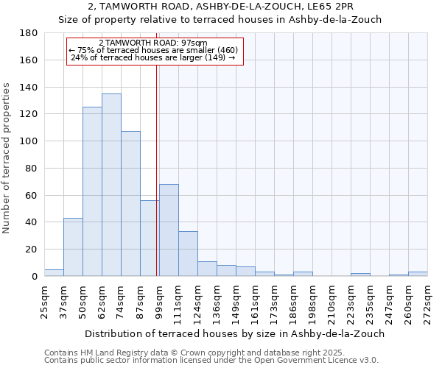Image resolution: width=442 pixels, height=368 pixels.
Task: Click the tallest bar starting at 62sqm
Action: (x=111, y=185)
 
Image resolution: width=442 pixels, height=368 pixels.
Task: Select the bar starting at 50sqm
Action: (x=92, y=191)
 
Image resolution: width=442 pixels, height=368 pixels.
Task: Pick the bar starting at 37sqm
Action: (x=73, y=247)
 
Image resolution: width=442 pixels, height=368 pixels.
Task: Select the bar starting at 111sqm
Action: (x=188, y=254)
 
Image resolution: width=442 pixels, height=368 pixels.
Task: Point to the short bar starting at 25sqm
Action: (x=54, y=273)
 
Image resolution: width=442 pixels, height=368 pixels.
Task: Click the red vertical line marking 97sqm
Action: (x=157, y=169)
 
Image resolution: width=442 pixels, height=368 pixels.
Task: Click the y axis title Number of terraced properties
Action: (x=7, y=158)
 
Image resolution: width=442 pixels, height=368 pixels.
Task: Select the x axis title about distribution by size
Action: (x=234, y=333)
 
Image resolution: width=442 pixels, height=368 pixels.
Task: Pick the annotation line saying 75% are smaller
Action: (x=153, y=50)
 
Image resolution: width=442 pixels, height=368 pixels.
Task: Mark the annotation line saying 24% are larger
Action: (x=153, y=57)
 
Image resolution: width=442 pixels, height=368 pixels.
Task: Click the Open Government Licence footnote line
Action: (x=211, y=361)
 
